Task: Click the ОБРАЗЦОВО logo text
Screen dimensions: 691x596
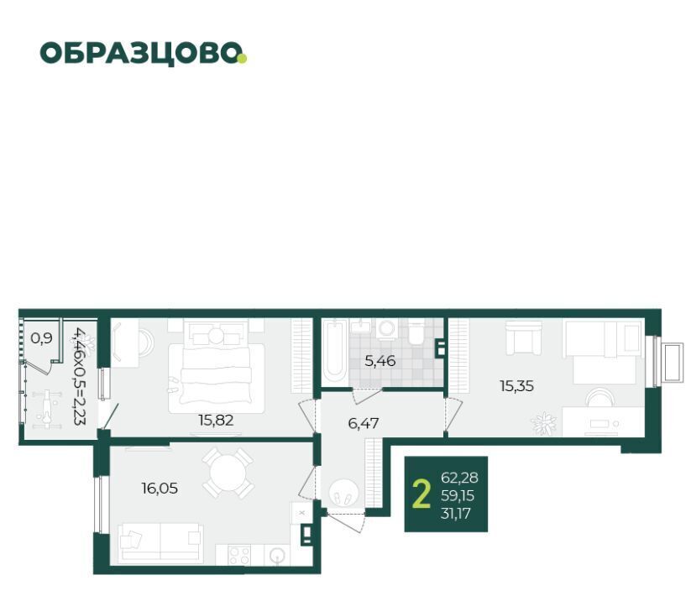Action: pos(140,53)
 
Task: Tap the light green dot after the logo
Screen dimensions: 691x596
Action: pos(242,58)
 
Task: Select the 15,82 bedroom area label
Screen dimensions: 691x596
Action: pos(216,421)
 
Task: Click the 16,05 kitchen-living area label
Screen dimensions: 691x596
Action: pos(160,488)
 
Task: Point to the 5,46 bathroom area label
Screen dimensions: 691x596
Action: pos(380,361)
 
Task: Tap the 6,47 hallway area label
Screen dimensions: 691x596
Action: pos(363,423)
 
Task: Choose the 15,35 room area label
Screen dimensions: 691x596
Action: pos(516,386)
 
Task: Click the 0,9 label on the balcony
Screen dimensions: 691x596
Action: pos(41,338)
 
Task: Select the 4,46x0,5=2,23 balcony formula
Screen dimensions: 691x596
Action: pos(81,376)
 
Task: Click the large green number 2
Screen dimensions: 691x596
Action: pos(421,494)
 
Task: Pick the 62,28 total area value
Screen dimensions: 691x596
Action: pos(459,478)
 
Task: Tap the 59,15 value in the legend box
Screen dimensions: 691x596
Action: pos(458,495)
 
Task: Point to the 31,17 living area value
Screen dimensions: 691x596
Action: pos(456,513)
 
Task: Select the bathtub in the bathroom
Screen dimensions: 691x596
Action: pos(334,353)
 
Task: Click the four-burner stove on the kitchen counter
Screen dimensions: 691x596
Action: pos(239,555)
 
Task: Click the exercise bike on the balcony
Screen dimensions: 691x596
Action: pos(46,406)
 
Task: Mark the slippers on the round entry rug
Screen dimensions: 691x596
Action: pos(343,499)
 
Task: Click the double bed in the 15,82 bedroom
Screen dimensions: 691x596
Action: pos(216,378)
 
